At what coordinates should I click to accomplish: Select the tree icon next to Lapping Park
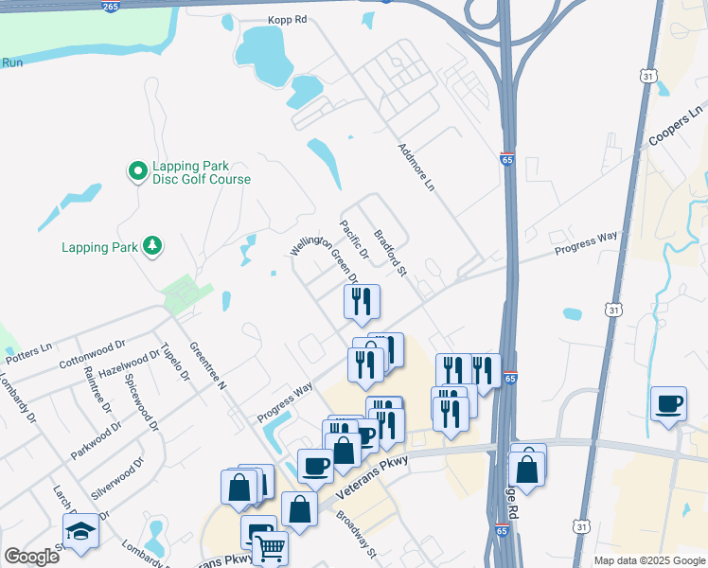pyautogui.click(x=151, y=247)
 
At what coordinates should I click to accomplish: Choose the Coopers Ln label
pyautogui.click(x=677, y=127)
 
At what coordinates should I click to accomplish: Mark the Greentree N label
pyautogui.click(x=208, y=366)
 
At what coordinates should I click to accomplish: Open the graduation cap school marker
pyautogui.click(x=80, y=531)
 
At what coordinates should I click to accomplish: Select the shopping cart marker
pyautogui.click(x=270, y=547)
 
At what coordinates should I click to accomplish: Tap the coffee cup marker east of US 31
pyautogui.click(x=668, y=403)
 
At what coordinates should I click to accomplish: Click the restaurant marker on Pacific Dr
pyautogui.click(x=362, y=301)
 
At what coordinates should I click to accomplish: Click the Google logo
pyautogui.click(x=31, y=556)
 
